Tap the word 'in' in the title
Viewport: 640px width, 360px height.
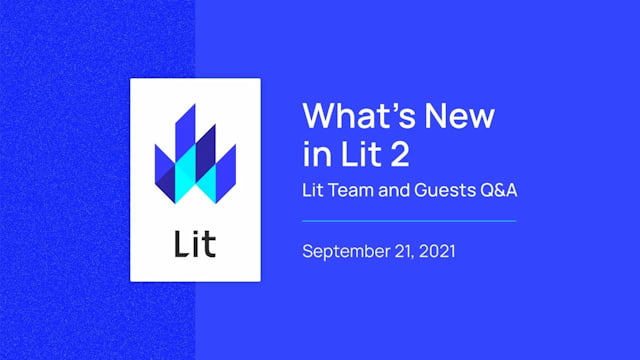click(x=313, y=155)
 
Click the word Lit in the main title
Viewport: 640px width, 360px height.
click(x=352, y=155)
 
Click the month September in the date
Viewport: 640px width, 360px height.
click(x=347, y=250)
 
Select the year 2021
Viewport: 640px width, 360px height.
click(x=439, y=250)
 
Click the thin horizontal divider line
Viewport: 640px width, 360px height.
click(x=409, y=220)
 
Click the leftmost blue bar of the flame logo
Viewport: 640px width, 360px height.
click(x=162, y=165)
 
